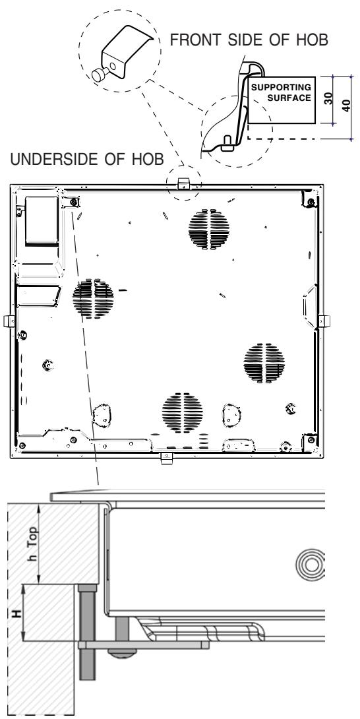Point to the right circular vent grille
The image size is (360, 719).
point(263,362)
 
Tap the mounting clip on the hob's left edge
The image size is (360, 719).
point(8,321)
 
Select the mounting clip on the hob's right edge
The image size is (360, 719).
point(324,321)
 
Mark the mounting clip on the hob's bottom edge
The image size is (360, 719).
point(167,458)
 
